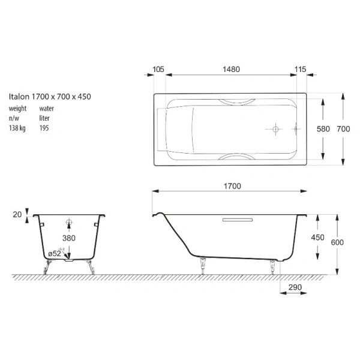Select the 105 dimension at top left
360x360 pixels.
158,69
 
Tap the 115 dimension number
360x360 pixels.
301,69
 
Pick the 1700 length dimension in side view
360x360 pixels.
232,186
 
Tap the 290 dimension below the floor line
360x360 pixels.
294,287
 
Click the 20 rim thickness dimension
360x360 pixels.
17,214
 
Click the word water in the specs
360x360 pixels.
47,109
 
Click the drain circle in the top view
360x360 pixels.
274,129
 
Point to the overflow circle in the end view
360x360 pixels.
69,223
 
